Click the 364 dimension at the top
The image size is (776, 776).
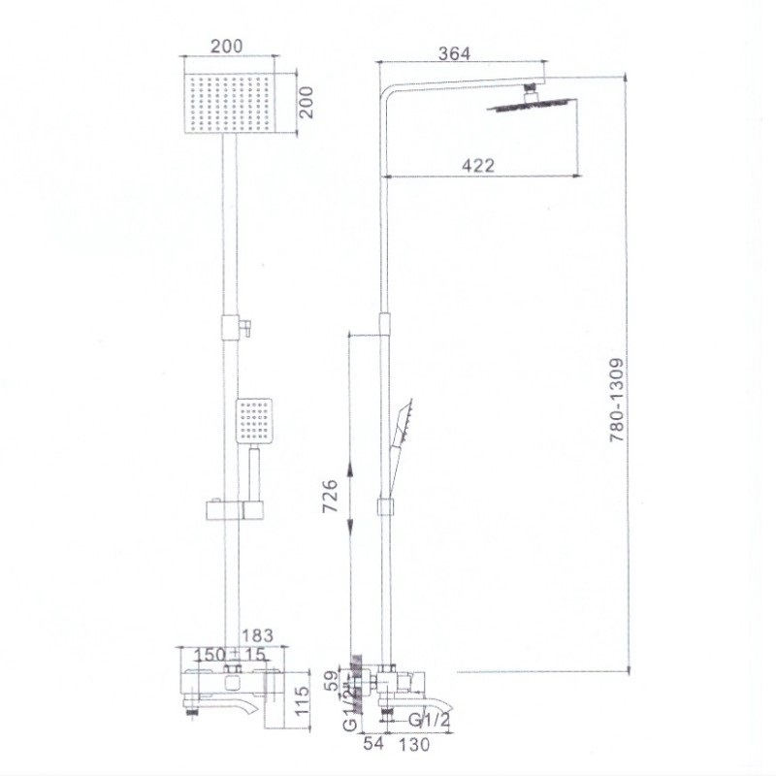coord(454,53)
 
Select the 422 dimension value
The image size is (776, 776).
coord(478,165)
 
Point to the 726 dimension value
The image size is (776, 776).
coord(330,496)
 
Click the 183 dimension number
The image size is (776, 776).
coord(257,635)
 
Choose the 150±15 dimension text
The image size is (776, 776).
coord(229,654)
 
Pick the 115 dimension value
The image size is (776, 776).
coord(301,699)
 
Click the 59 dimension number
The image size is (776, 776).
coord(333,680)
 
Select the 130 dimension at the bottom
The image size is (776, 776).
coord(414,744)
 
